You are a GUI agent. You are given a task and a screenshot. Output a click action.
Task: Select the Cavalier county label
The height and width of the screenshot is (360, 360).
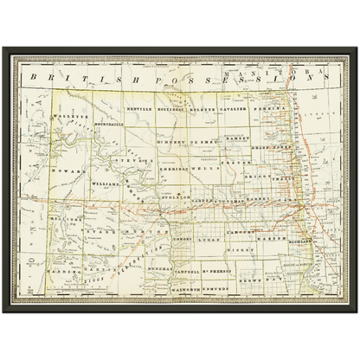[233, 111]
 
